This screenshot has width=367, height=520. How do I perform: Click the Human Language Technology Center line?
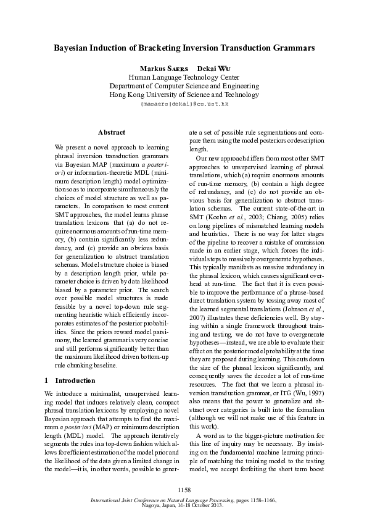[x=183, y=77]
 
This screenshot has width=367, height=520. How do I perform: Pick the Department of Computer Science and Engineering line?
[x=183, y=86]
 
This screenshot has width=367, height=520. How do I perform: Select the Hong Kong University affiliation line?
[x=183, y=95]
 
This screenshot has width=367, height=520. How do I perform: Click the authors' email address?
[x=183, y=105]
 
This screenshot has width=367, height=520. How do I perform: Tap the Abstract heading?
[x=112, y=132]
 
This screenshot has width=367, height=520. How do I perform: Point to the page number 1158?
[x=183, y=490]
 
